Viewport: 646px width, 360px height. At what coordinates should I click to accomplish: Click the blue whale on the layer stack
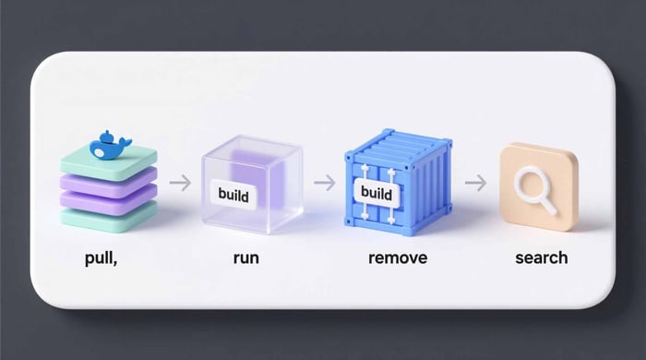(x=109, y=147)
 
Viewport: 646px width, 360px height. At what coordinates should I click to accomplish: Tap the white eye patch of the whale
(x=100, y=153)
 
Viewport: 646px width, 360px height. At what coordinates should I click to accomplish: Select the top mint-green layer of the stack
(x=109, y=162)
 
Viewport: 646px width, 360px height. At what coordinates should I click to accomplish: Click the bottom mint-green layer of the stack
(x=109, y=218)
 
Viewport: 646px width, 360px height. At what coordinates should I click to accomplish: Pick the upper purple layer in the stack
(x=109, y=182)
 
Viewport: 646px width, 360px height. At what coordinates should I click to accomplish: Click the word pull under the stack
(x=100, y=258)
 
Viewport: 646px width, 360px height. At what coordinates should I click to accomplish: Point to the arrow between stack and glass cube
(x=181, y=183)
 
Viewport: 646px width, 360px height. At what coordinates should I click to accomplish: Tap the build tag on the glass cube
(x=233, y=195)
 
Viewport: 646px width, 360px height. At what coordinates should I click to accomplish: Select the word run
(x=246, y=258)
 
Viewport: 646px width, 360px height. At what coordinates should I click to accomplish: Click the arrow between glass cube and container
(x=325, y=183)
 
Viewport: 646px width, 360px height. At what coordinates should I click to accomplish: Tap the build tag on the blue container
(x=377, y=193)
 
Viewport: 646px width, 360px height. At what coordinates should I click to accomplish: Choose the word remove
(x=398, y=258)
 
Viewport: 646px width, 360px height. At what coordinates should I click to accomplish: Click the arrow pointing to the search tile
(x=476, y=183)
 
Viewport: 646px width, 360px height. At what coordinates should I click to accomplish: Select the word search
(x=542, y=258)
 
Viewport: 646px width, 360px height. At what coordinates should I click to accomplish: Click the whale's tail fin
(x=124, y=143)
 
